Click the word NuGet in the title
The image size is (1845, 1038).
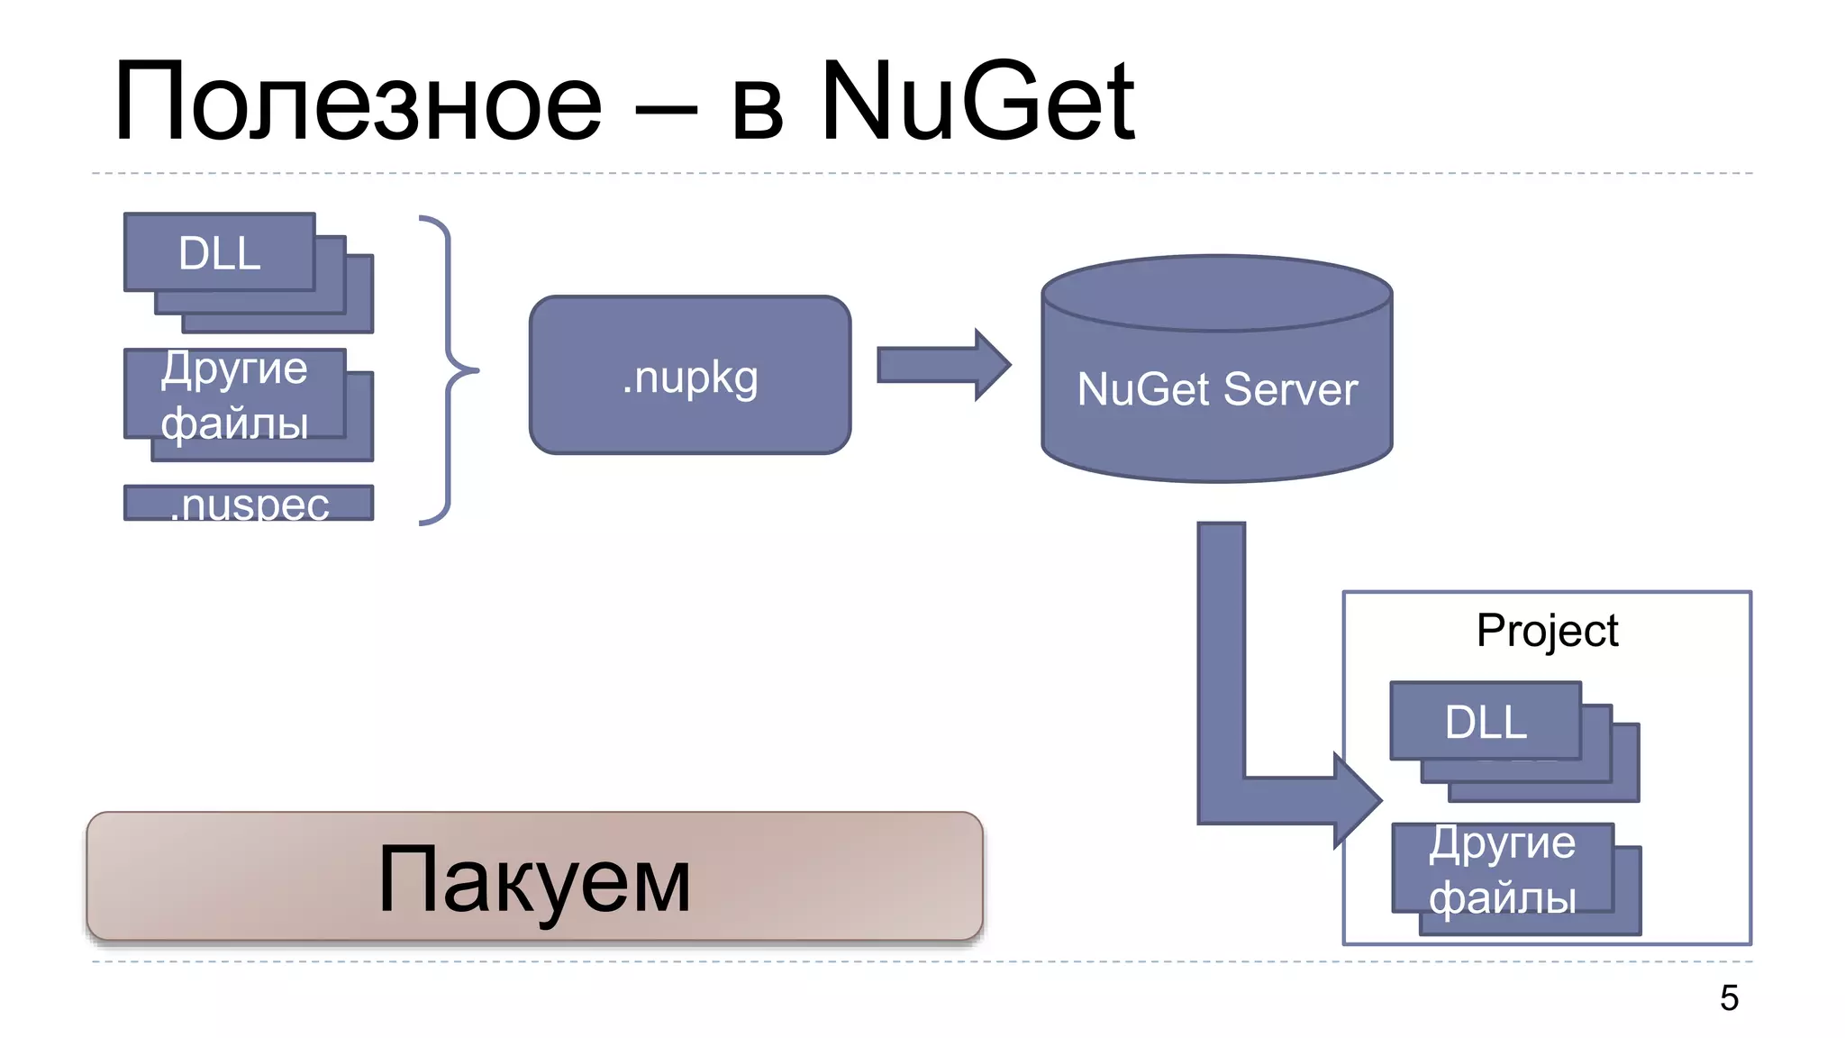[x=977, y=101]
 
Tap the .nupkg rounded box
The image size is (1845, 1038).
[x=690, y=376]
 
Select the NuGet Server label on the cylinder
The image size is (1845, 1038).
[x=1216, y=389]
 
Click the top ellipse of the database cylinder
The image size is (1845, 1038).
[x=1216, y=292]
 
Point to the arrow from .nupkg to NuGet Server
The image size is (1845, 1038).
[x=941, y=365]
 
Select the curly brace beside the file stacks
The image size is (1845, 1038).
[x=450, y=369]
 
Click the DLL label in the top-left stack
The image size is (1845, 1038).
[x=219, y=253]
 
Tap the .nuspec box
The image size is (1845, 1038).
[x=249, y=503]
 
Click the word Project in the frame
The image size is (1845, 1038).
[x=1547, y=630]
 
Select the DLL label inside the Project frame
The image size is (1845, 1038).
[x=1486, y=722]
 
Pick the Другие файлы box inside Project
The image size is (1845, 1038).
[x=1502, y=870]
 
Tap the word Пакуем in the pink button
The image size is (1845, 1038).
[x=534, y=879]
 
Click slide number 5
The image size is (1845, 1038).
[x=1729, y=997]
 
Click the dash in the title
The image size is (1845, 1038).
[x=666, y=112]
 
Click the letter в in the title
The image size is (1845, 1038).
[x=757, y=115]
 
